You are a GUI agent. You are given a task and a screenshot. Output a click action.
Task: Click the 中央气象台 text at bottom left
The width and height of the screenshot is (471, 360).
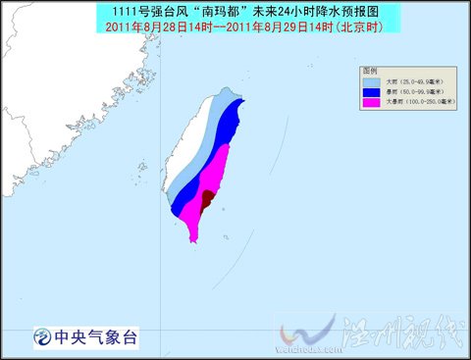pos(97,337)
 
